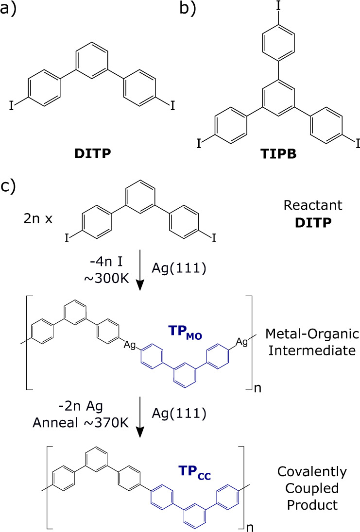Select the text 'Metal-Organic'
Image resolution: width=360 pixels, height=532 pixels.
tap(312, 334)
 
